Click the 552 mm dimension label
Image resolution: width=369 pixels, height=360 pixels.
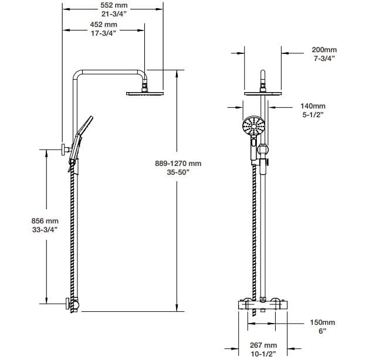pyautogui.click(x=113, y=5)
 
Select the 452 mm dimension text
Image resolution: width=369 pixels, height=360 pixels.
pyautogui.click(x=104, y=25)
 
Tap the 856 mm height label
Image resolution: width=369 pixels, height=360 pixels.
pyautogui.click(x=45, y=221)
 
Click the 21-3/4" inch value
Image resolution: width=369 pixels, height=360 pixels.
pyautogui.click(x=113, y=13)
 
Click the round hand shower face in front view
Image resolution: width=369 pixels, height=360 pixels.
pyautogui.click(x=254, y=125)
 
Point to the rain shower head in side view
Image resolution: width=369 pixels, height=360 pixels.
pyautogui.click(x=144, y=93)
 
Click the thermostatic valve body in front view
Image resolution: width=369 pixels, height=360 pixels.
pyautogui.click(x=263, y=304)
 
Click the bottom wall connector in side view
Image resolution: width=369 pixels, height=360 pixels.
pyautogui.click(x=72, y=303)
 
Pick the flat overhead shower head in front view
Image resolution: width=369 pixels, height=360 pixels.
pyautogui.click(x=263, y=90)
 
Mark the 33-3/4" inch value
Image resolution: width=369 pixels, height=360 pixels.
pyautogui.click(x=45, y=229)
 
